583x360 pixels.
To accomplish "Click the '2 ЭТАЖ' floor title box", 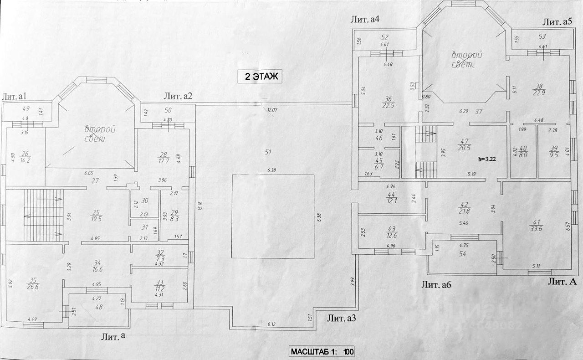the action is click(261, 77).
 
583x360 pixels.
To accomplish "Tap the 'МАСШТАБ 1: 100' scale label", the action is click(322, 352).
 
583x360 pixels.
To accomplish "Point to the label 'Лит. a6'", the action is click(436, 286).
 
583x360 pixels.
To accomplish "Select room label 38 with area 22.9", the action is click(539, 90).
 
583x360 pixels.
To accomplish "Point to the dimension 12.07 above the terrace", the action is click(272, 109).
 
